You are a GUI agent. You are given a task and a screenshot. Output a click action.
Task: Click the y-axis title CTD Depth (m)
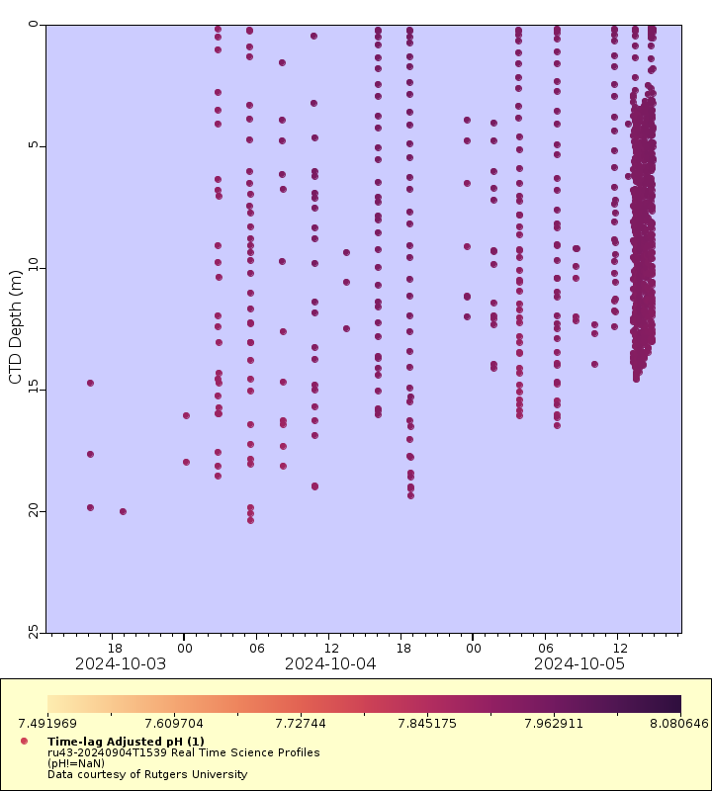point(15,326)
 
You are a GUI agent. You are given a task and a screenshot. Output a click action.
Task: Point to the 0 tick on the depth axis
point(34,25)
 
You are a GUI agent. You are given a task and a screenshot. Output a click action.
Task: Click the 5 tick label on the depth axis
point(34,146)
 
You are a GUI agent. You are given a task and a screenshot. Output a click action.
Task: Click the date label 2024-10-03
point(121,663)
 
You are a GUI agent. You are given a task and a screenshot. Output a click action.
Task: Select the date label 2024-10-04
point(330,663)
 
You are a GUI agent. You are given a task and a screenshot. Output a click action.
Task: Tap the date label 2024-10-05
point(579,663)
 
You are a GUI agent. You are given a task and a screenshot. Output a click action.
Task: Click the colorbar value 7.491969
point(47,723)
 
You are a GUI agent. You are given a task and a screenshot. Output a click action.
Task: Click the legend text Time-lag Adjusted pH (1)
point(126,741)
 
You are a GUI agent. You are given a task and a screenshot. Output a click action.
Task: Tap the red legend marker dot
point(24,741)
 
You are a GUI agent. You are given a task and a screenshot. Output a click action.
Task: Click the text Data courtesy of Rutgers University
point(147,774)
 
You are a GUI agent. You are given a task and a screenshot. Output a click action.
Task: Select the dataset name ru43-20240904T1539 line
point(183,752)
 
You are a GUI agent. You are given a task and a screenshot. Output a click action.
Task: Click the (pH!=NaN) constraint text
point(80,763)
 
